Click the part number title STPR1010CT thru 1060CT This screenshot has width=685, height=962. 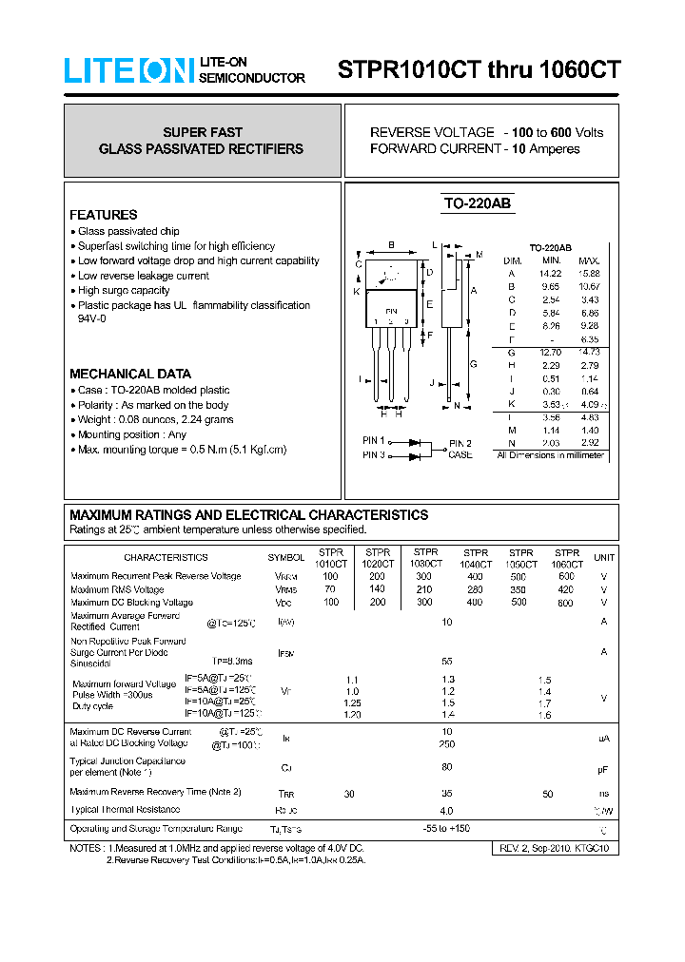click(479, 70)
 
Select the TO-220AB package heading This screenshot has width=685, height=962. click(477, 203)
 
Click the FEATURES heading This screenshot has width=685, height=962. click(104, 215)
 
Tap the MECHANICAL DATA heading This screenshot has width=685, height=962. click(130, 374)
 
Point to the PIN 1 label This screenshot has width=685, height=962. click(373, 441)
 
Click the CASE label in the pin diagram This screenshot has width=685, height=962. click(460, 455)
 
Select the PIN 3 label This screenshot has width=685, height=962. click(373, 455)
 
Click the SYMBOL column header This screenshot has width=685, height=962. click(285, 558)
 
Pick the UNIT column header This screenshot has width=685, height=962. click(603, 558)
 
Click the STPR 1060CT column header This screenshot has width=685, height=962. click(567, 558)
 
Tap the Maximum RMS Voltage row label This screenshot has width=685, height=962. click(117, 589)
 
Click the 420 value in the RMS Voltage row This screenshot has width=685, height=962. click(567, 589)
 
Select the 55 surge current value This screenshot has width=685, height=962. click(446, 660)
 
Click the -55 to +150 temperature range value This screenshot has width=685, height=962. click(446, 829)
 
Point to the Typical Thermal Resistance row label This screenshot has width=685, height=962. click(125, 810)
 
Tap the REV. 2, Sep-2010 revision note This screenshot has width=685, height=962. click(554, 847)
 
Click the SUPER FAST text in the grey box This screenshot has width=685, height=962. click(202, 132)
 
